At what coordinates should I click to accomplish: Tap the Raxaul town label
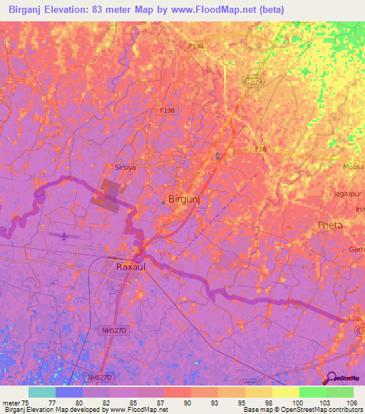[132, 267]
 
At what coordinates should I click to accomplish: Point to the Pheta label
[330, 225]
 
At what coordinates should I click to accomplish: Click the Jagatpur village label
[348, 193]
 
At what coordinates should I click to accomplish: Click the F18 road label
[260, 149]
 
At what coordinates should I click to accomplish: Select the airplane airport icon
[65, 235]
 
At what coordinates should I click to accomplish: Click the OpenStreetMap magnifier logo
[331, 377]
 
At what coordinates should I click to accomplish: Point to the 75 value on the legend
[26, 402]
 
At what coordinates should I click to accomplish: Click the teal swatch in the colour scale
[42, 392]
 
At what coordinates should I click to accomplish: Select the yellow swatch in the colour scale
[285, 392]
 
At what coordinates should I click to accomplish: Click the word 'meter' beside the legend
[10, 402]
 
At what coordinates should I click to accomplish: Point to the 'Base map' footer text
[255, 410]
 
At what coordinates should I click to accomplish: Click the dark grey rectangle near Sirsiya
[109, 195]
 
